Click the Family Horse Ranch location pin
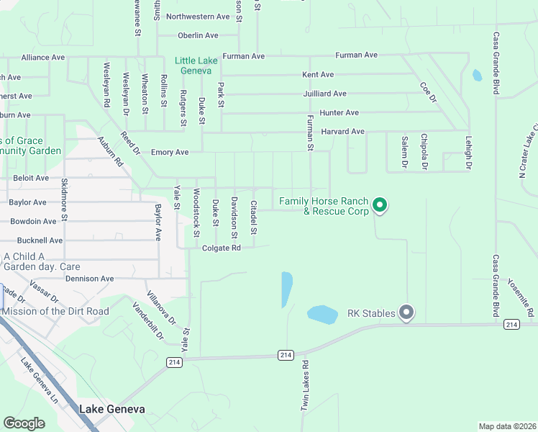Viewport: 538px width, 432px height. [x=380, y=207]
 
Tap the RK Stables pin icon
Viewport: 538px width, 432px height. [x=406, y=312]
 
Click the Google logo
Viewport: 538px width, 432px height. [x=24, y=423]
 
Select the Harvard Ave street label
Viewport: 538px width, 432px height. [x=343, y=132]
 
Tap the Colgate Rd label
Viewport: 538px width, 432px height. [x=222, y=248]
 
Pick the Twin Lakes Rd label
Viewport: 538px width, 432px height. [x=305, y=386]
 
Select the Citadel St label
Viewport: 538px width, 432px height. [x=253, y=217]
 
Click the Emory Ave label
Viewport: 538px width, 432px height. [x=170, y=153]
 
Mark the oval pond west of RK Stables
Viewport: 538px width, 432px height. [x=322, y=315]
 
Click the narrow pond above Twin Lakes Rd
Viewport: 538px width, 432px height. [x=287, y=289]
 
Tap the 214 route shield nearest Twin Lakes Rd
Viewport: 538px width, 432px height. [x=286, y=355]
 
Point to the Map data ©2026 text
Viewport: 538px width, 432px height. [x=506, y=426]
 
